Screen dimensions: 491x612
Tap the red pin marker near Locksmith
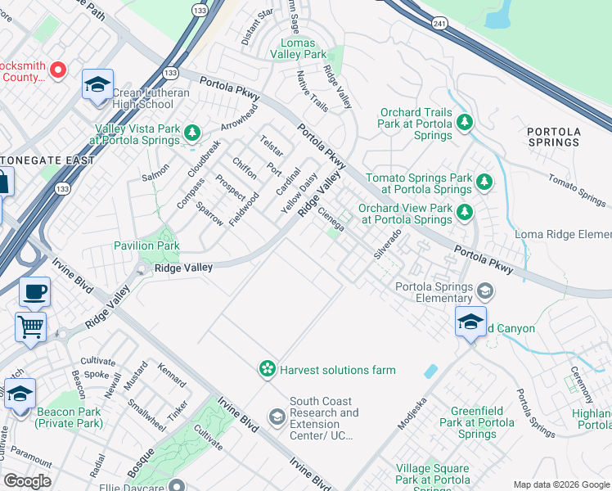(x=58, y=70)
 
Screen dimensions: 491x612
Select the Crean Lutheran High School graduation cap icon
(x=97, y=85)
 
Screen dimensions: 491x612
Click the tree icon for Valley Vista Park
(x=192, y=132)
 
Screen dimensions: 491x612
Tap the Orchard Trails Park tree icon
(x=465, y=123)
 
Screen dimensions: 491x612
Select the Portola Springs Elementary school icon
(x=485, y=291)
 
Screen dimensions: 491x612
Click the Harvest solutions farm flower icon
(x=267, y=370)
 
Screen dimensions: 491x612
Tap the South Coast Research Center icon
(x=277, y=418)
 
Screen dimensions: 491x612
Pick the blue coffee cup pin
(x=34, y=292)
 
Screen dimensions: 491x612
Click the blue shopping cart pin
(x=30, y=327)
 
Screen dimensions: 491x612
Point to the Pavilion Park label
(x=146, y=245)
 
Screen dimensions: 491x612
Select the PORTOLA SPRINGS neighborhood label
(x=554, y=137)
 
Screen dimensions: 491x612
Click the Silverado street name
(x=388, y=244)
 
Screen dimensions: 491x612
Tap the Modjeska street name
(x=412, y=417)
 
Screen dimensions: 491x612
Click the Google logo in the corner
(x=28, y=481)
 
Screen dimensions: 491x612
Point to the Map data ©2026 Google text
(x=560, y=484)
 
